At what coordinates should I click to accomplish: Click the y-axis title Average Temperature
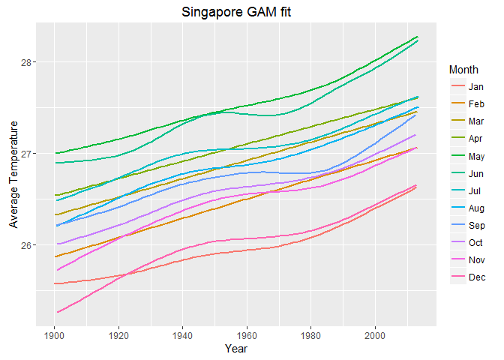[x=12, y=173]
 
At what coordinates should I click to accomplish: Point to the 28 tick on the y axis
[x=28, y=62]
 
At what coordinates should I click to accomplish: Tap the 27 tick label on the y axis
[x=28, y=154]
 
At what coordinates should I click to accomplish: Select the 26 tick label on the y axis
[x=28, y=246]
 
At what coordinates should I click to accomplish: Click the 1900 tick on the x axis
[x=54, y=334]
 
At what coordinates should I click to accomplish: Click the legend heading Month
[x=463, y=70]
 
